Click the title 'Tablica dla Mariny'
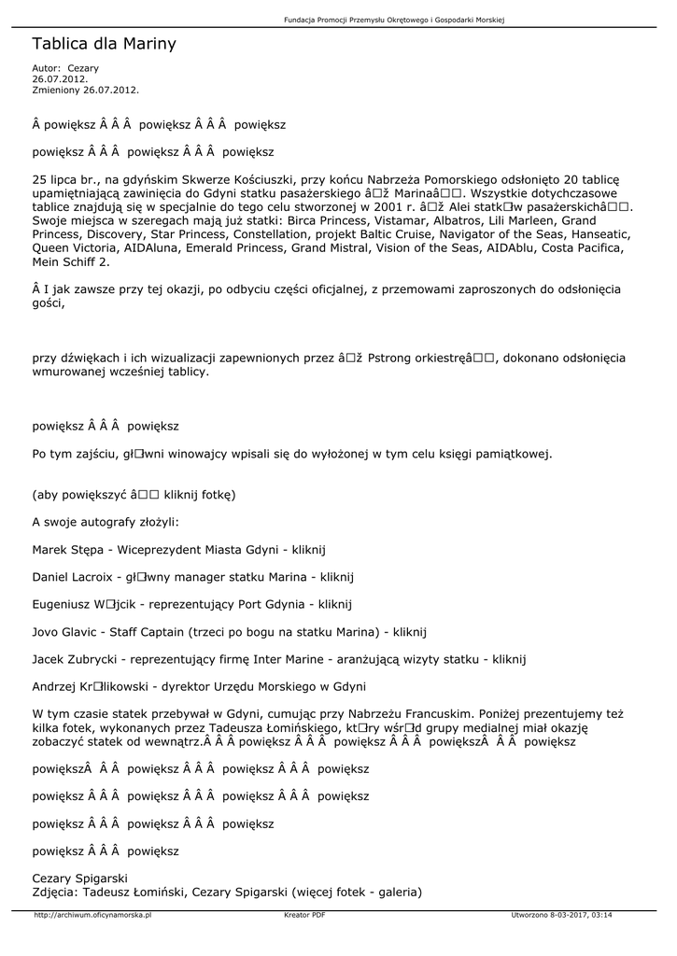[104, 44]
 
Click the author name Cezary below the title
[83, 68]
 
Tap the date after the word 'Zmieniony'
[110, 90]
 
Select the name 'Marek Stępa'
[67, 549]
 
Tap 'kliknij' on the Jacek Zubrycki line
[509, 658]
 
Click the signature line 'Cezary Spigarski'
[79, 879]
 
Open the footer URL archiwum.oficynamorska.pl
[92, 916]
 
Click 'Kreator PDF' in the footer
[304, 916]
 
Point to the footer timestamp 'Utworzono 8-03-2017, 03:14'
[561, 916]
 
